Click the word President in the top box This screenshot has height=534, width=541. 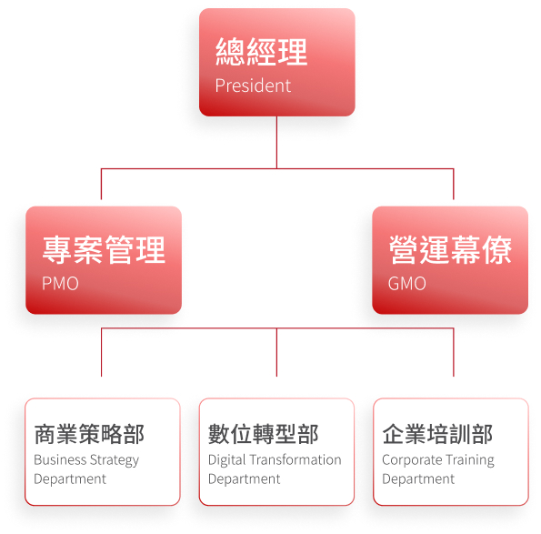(x=253, y=86)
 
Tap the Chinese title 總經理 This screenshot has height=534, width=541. (x=262, y=52)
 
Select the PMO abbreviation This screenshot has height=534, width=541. (x=60, y=284)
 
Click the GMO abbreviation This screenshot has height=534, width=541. (x=407, y=284)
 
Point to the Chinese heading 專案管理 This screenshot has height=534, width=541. (x=104, y=250)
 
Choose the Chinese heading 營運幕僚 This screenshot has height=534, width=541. (x=450, y=250)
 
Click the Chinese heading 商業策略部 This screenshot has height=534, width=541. (x=89, y=434)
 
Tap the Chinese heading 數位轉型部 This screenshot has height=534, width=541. (x=264, y=434)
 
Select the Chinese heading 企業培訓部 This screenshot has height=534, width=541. (x=437, y=434)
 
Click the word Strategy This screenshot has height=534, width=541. (x=115, y=460)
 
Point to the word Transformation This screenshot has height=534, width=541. (x=296, y=459)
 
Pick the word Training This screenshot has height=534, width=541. (x=470, y=460)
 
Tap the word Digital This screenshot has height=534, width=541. (x=227, y=460)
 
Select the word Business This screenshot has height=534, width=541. (x=60, y=459)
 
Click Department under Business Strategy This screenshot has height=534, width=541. (x=70, y=479)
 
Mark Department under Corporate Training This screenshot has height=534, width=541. (x=418, y=479)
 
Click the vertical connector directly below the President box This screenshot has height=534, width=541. (x=276, y=143)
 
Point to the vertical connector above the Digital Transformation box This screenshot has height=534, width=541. (x=276, y=352)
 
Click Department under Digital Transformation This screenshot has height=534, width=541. (x=245, y=479)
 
